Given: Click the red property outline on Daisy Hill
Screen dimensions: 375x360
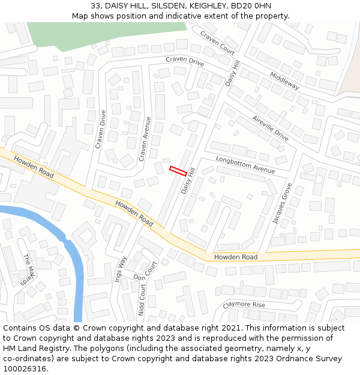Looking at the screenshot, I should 178,170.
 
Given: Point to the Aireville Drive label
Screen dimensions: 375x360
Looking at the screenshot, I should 270,128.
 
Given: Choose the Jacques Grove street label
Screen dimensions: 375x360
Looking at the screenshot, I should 282,203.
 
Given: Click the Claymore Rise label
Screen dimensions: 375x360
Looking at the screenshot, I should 244,304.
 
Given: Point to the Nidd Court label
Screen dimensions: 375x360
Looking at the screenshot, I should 142,300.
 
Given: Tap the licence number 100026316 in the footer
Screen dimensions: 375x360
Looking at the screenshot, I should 24,369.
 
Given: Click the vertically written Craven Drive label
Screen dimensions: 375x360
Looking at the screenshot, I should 100,129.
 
